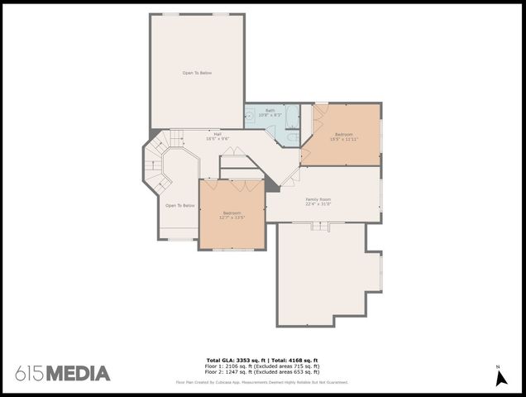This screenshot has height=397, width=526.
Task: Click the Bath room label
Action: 270,110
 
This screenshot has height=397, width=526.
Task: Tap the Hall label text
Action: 218,134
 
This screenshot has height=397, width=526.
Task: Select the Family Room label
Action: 318,199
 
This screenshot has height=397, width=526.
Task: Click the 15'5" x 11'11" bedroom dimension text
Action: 343,139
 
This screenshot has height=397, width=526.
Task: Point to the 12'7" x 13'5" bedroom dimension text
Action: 232,218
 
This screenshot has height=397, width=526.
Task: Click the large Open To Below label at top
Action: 197,73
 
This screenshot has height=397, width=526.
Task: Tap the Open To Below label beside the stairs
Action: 179,205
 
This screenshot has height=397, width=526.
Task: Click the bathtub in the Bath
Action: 292,117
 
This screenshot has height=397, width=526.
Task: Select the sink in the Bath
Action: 249,117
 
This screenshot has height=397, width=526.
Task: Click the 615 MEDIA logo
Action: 62,373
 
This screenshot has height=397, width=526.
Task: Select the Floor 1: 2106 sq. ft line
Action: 262,366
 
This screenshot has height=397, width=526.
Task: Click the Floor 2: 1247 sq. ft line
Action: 262,371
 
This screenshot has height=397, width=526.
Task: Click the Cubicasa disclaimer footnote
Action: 262,382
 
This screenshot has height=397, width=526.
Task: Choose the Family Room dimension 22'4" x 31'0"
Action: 318,203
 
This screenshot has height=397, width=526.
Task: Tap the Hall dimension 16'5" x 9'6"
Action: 218,138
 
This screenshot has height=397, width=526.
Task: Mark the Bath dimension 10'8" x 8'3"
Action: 270,114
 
